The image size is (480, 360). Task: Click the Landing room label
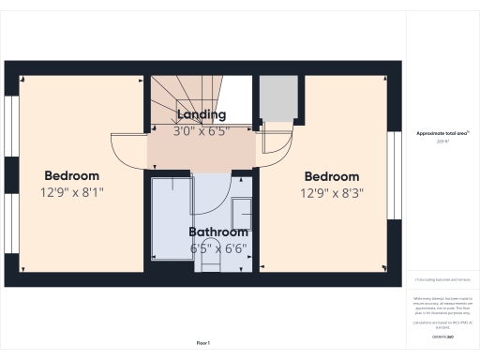pos(201,114)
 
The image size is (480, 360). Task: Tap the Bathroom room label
pos(218,232)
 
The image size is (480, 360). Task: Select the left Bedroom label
pos(71,175)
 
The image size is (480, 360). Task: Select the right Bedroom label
pos(332,176)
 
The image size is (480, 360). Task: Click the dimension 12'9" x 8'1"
pos(71,192)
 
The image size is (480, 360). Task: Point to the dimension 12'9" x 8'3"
pos(332,193)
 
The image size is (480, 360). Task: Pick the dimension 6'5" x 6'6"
pos(218,248)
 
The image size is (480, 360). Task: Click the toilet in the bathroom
pos(210,264)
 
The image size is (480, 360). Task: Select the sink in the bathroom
pos(241,208)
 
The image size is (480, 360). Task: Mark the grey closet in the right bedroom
pos(275,97)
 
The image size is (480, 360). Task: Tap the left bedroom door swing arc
pos(128,150)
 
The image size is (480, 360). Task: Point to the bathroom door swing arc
pos(211,192)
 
